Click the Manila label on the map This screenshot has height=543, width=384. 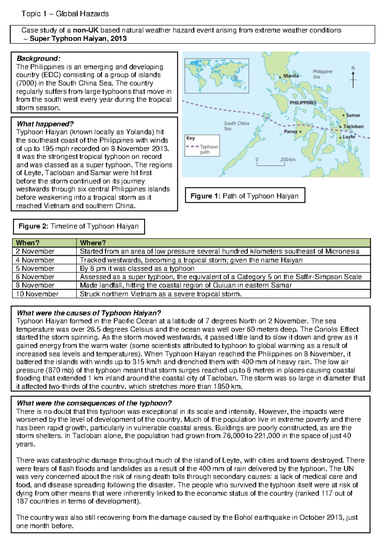coord(291,76)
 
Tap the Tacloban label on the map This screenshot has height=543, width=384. coord(353,126)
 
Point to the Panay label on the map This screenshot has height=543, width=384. coord(291,131)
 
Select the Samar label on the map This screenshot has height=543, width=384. coord(353,115)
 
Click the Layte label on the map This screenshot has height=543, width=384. coord(349,137)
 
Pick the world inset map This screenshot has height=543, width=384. coord(217,76)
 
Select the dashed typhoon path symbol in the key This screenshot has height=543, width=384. coord(192,146)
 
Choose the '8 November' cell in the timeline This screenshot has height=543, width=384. coord(35,285)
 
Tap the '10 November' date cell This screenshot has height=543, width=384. coord(37,294)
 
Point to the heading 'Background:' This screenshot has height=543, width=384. coord(38,59)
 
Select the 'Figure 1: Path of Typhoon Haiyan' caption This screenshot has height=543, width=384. coord(245,196)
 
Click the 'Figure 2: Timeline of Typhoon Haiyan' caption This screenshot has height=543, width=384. coord(79,226)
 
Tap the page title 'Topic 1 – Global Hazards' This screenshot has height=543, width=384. coord(65,14)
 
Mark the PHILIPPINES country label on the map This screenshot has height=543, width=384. coord(303,103)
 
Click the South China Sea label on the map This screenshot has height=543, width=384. coord(236,126)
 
